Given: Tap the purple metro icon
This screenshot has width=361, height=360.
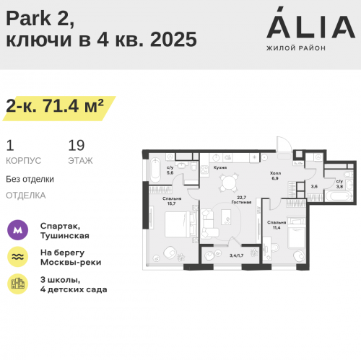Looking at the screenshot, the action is (x=17, y=230).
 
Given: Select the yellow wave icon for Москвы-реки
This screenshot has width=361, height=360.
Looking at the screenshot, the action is (x=17, y=257).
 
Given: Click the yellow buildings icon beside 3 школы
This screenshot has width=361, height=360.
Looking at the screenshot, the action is (x=17, y=284).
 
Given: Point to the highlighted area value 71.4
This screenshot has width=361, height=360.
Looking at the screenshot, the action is (x=60, y=106).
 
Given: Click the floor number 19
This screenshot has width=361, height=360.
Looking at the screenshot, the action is (x=77, y=146).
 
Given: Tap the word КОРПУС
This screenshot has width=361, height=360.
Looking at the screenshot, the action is (x=23, y=161).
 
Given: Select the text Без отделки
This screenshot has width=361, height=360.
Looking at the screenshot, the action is (x=30, y=179).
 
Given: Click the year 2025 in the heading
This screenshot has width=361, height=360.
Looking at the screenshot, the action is (x=173, y=39).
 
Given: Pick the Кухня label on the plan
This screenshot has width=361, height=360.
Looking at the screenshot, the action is (x=220, y=167).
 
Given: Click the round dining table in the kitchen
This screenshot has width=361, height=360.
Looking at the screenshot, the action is (x=228, y=183).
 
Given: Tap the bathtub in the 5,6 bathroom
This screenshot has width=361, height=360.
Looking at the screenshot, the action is (x=155, y=170).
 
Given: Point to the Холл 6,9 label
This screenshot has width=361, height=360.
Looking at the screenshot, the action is (x=275, y=176).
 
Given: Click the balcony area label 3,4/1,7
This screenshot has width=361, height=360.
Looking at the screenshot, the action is (x=236, y=255).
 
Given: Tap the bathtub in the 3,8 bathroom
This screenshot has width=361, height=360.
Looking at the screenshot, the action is (x=339, y=196).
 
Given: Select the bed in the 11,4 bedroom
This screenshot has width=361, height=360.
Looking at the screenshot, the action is (x=297, y=232).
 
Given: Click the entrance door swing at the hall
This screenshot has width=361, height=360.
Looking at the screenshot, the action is (x=284, y=144).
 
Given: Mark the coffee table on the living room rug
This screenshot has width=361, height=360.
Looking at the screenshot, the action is (x=226, y=217).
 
